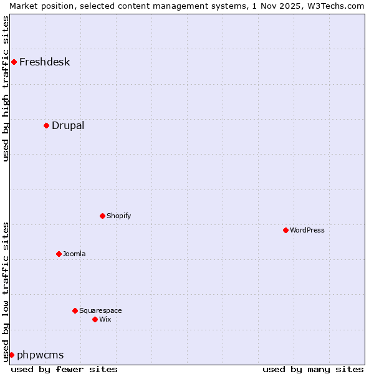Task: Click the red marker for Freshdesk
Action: pos(14,62)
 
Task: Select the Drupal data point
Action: pos(46,125)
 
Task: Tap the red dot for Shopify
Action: pos(102,216)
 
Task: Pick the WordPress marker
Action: pos(285,230)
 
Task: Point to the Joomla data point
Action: pos(59,254)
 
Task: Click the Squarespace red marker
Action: pos(75,310)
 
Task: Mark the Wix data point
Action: pos(95,319)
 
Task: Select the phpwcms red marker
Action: pos(11,355)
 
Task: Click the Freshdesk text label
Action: pos(44,62)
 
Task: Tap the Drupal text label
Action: pos(68,125)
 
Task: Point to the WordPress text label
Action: pos(307,230)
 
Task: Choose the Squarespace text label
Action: pos(100,310)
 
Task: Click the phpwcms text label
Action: pos(41,355)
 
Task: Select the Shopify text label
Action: pos(118,216)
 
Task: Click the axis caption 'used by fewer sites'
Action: pos(64,369)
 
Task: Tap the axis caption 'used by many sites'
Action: pos(313,369)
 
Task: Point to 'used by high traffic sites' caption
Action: pos(6,89)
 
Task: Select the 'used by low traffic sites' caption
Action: pos(6,292)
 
